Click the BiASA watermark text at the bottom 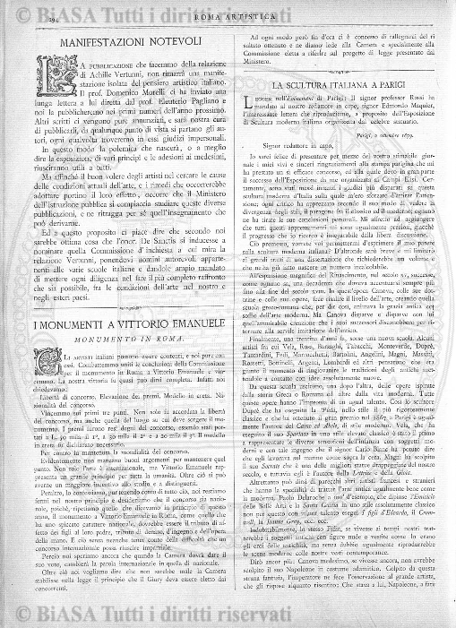(228, 615)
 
